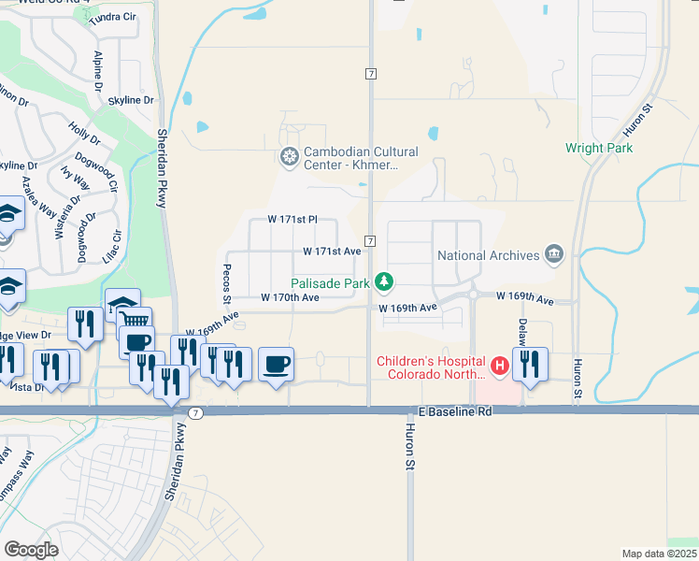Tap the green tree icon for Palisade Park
(383, 281)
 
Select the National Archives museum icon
(554, 255)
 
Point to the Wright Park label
(599, 148)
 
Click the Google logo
(31, 549)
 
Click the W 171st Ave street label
(332, 252)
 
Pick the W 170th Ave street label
(290, 297)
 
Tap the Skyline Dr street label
(131, 100)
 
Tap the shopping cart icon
(135, 321)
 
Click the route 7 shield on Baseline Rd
(194, 412)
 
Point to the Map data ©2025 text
(660, 554)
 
